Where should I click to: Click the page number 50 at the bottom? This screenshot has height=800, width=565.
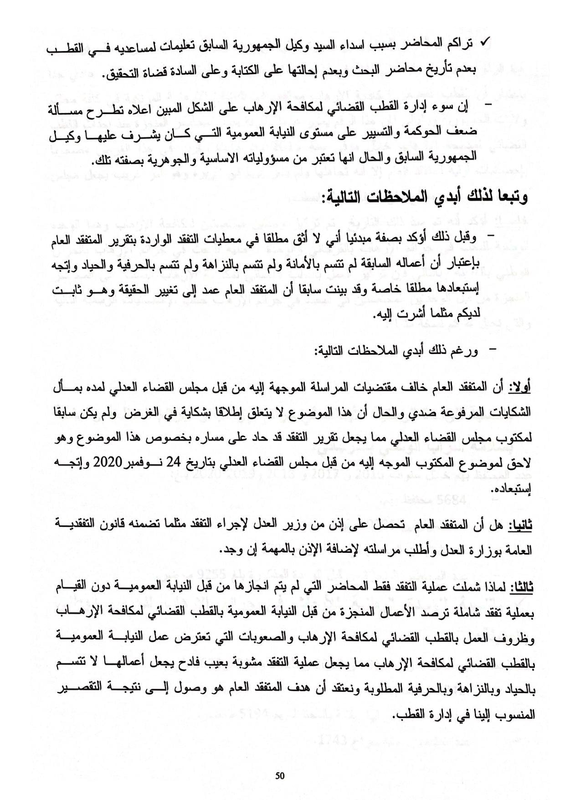click(280, 775)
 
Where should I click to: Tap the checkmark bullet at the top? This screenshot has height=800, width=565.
click(485, 44)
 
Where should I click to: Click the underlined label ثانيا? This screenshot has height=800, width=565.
click(520, 526)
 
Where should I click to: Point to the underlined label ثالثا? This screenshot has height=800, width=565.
click(520, 587)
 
